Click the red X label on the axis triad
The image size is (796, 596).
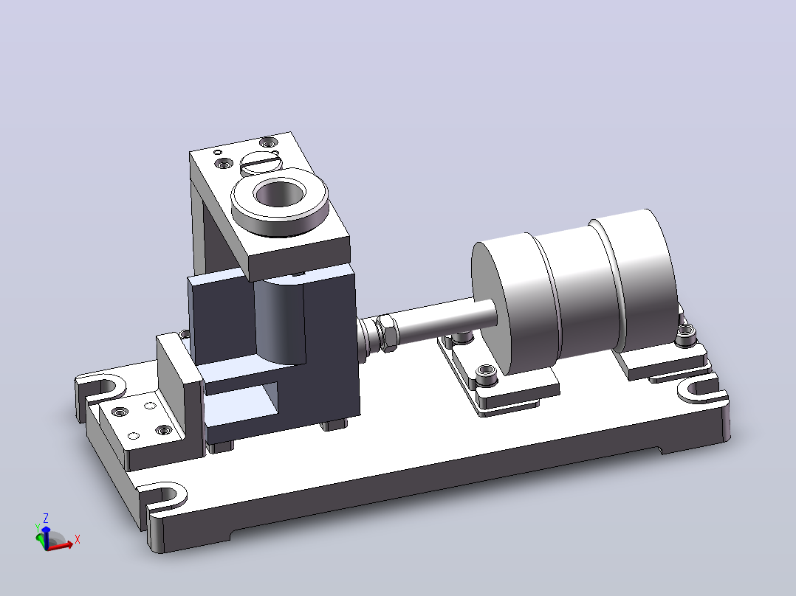77,539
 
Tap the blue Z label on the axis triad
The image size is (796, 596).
46,518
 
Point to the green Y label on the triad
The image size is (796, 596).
37,528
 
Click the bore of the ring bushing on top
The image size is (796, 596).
280,194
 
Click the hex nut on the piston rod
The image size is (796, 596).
388,333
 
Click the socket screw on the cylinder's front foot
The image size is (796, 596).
485,373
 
